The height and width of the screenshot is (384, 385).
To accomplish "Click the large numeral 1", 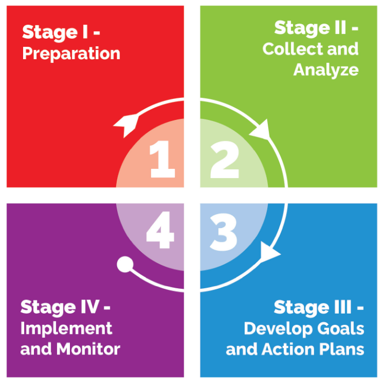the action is (x=163, y=160).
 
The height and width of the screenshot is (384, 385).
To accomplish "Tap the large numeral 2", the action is (x=225, y=160).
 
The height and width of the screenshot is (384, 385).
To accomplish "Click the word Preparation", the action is (x=71, y=54).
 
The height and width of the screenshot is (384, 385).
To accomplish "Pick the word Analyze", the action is (x=326, y=69).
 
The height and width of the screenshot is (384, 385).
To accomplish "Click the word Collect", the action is (x=290, y=49).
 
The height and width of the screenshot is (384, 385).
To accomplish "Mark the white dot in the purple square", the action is (x=125, y=264).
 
